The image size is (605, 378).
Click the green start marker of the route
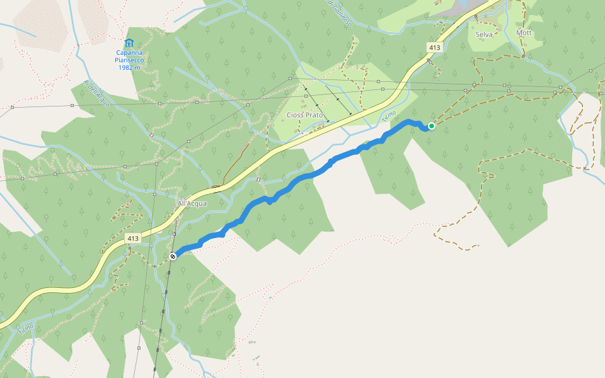click(432, 126)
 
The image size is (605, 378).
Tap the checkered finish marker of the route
click(173, 256)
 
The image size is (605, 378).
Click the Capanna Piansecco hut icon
click(129, 43)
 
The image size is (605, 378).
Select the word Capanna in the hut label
click(128, 53)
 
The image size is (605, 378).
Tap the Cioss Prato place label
click(305, 115)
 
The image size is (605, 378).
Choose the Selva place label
click(484, 35)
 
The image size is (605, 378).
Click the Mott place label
click(524, 33)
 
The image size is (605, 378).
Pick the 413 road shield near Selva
click(434, 47)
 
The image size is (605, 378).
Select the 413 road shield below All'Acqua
click(132, 239)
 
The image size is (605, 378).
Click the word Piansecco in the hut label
click(128, 60)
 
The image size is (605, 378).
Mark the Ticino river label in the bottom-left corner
click(25, 329)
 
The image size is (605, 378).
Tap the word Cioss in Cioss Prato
click(295, 115)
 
